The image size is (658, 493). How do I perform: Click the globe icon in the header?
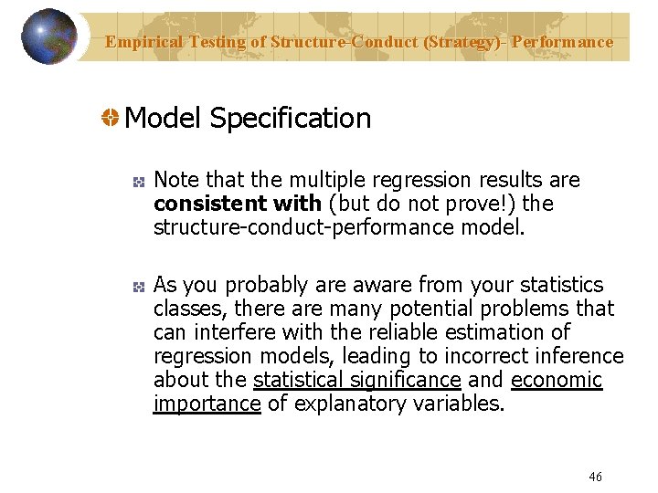(x=48, y=37)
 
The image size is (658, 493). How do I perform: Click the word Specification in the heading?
(x=290, y=118)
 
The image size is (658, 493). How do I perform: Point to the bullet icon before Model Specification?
(x=109, y=119)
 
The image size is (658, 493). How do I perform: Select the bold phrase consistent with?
(x=238, y=203)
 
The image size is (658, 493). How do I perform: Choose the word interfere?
(x=228, y=332)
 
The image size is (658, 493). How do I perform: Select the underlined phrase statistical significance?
(x=356, y=380)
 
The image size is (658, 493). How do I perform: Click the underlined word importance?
(x=207, y=404)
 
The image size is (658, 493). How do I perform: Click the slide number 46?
(x=595, y=477)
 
